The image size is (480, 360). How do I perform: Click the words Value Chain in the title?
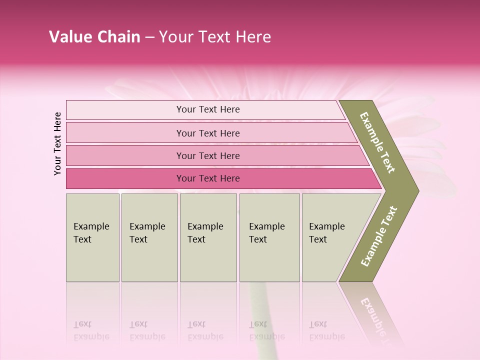pyautogui.click(x=94, y=37)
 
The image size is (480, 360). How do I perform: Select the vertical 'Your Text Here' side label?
pyautogui.click(x=57, y=144)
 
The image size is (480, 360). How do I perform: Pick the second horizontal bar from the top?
pyautogui.click(x=208, y=133)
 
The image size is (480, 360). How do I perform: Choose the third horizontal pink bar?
pyautogui.click(x=208, y=155)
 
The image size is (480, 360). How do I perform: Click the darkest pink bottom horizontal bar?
pyautogui.click(x=208, y=178)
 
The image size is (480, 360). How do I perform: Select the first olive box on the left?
pyautogui.click(x=92, y=237)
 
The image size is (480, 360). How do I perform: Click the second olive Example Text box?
pyautogui.click(x=149, y=237)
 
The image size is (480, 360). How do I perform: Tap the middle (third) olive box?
pyautogui.click(x=208, y=237)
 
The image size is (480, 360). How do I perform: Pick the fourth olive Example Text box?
pyautogui.click(x=269, y=237)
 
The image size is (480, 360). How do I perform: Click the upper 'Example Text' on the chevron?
pyautogui.click(x=377, y=142)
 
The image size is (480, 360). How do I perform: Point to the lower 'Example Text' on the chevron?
pyautogui.click(x=378, y=236)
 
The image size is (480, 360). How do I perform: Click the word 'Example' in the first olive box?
pyautogui.click(x=91, y=226)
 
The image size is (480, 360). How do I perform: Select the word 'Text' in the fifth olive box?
pyautogui.click(x=318, y=239)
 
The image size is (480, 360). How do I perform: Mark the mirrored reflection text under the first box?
pyautogui.click(x=91, y=331)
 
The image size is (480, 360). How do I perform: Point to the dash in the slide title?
pyautogui.click(x=149, y=37)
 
